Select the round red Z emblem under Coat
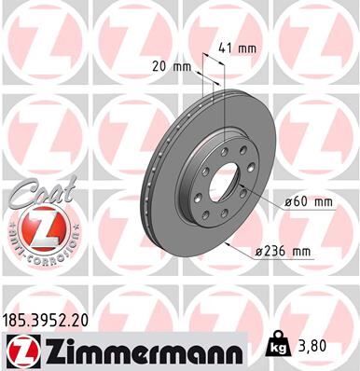pos(36,229)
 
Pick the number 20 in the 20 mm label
pos(157,66)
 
